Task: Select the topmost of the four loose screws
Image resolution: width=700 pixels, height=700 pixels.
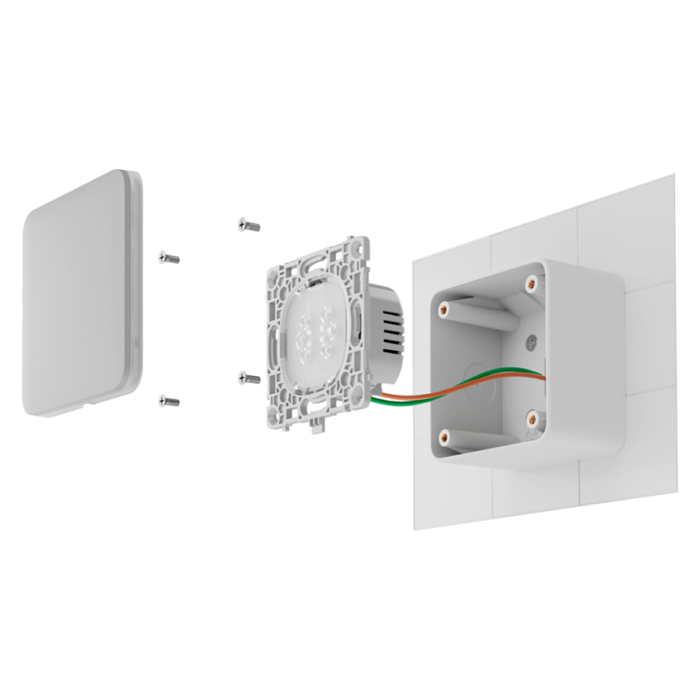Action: coord(249,225)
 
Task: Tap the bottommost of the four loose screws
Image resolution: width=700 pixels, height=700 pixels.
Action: coord(168,402)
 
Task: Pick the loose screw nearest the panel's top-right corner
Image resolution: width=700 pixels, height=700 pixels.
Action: coord(168,257)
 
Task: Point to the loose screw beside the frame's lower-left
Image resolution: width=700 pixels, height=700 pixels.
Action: coord(249,378)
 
